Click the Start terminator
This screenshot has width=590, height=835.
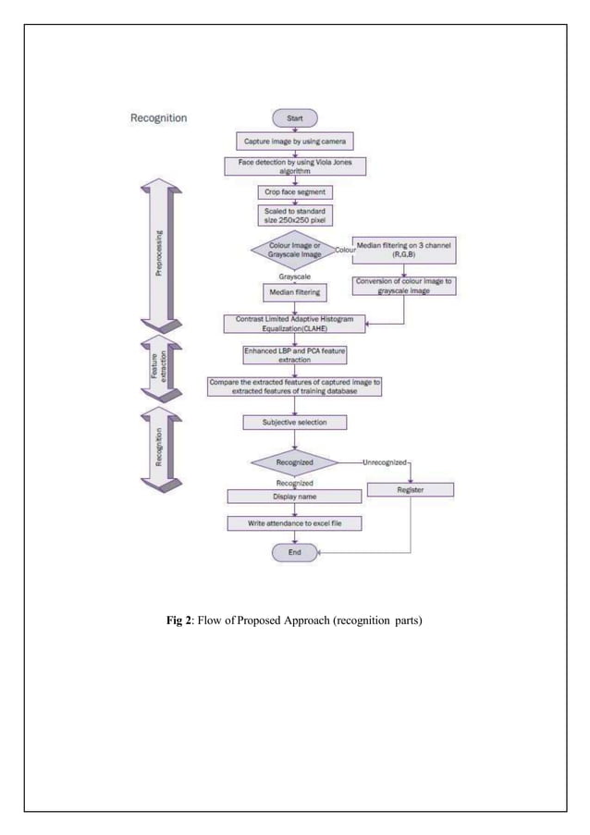(294, 118)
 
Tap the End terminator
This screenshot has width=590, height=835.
(294, 552)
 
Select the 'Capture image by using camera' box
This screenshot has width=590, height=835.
(294, 141)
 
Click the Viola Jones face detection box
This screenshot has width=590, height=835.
(294, 166)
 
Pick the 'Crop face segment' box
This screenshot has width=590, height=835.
(294, 192)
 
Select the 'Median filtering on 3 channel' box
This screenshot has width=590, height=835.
(408, 250)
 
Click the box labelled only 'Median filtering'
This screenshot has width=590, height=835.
(294, 292)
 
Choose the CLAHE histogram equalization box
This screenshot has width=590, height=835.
(294, 323)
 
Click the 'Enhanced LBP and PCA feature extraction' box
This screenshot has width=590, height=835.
(294, 355)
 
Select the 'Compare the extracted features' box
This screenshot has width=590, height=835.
(294, 387)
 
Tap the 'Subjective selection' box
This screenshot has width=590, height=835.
(294, 423)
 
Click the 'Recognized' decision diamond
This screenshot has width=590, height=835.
(294, 460)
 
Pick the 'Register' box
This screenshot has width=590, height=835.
(410, 490)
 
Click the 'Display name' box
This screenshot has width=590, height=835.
(294, 497)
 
